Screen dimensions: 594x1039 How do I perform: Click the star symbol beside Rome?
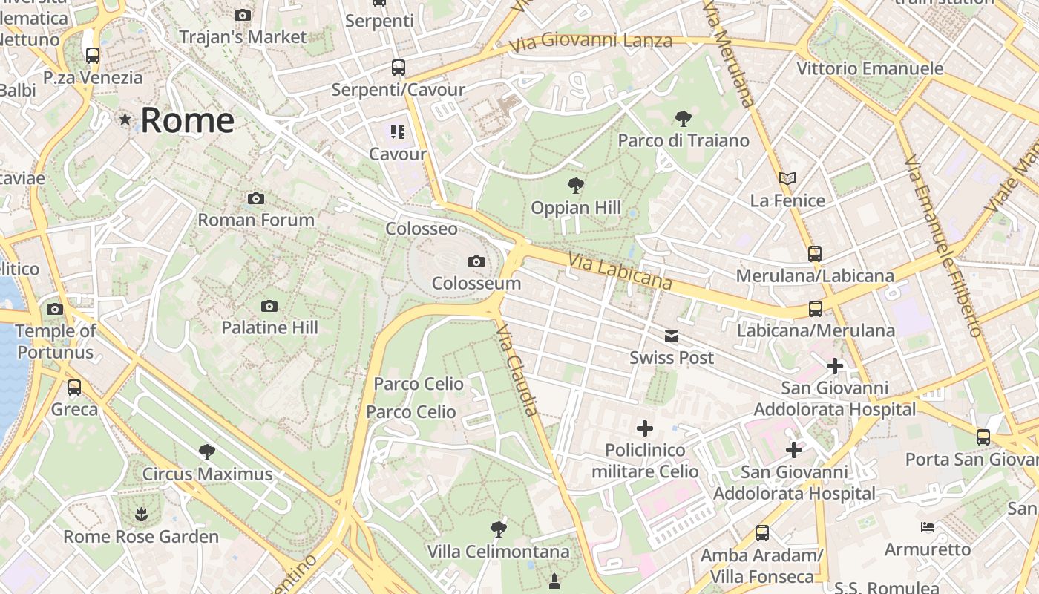[125, 119]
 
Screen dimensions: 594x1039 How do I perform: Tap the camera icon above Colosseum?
[476, 261]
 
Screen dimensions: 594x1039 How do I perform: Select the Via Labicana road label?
[620, 272]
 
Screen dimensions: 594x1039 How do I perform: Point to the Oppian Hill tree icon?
[575, 186]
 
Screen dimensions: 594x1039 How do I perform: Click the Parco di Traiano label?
[684, 140]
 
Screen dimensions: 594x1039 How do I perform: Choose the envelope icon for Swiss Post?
[672, 336]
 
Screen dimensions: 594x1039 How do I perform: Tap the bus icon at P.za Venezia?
[93, 55]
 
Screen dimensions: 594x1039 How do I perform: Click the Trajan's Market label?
[243, 36]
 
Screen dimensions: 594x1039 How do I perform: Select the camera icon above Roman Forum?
[256, 198]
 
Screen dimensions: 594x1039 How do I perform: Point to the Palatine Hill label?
[269, 327]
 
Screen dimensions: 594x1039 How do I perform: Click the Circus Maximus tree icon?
[207, 451]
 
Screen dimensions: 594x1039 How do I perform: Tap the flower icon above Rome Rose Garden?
[140, 514]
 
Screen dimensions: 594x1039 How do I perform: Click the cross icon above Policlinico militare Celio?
[645, 428]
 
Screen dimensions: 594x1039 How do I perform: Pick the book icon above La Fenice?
[787, 178]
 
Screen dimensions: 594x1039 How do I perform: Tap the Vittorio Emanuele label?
[870, 68]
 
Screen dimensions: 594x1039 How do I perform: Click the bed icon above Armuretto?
[928, 527]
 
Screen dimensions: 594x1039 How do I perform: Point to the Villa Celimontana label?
[498, 552]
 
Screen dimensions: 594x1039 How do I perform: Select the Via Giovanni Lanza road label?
[591, 41]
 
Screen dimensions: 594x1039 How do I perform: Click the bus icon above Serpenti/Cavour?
[399, 68]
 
